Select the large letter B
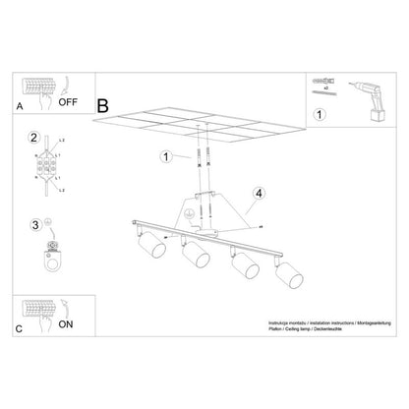click(x=103, y=102)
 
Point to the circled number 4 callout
click(x=258, y=193)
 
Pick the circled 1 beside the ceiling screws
click(x=167, y=156)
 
